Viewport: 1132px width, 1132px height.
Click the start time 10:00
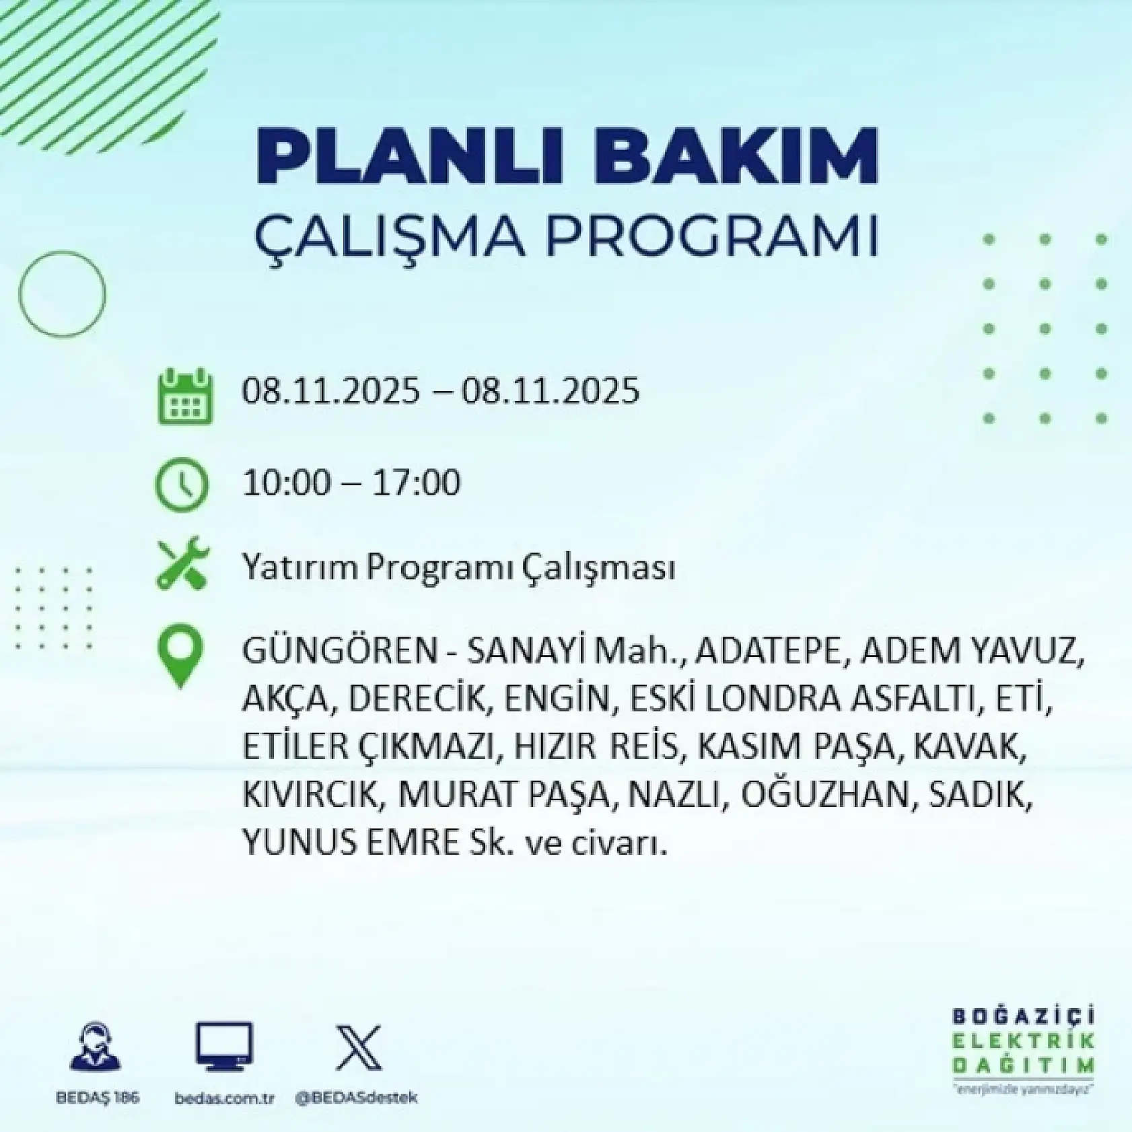point(287,483)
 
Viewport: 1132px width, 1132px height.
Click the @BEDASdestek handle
point(356,1098)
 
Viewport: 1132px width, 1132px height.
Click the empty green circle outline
point(62,293)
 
